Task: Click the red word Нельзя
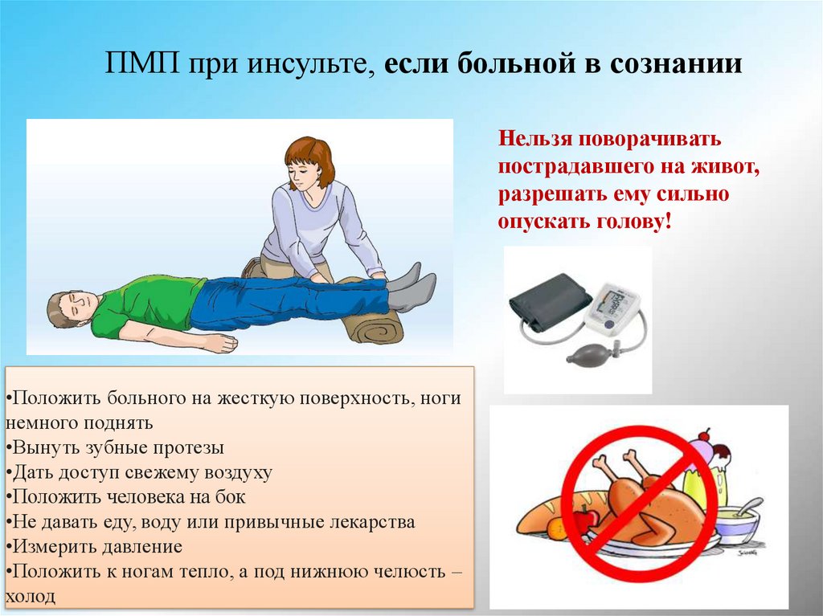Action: (534, 138)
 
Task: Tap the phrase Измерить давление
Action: (96, 547)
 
